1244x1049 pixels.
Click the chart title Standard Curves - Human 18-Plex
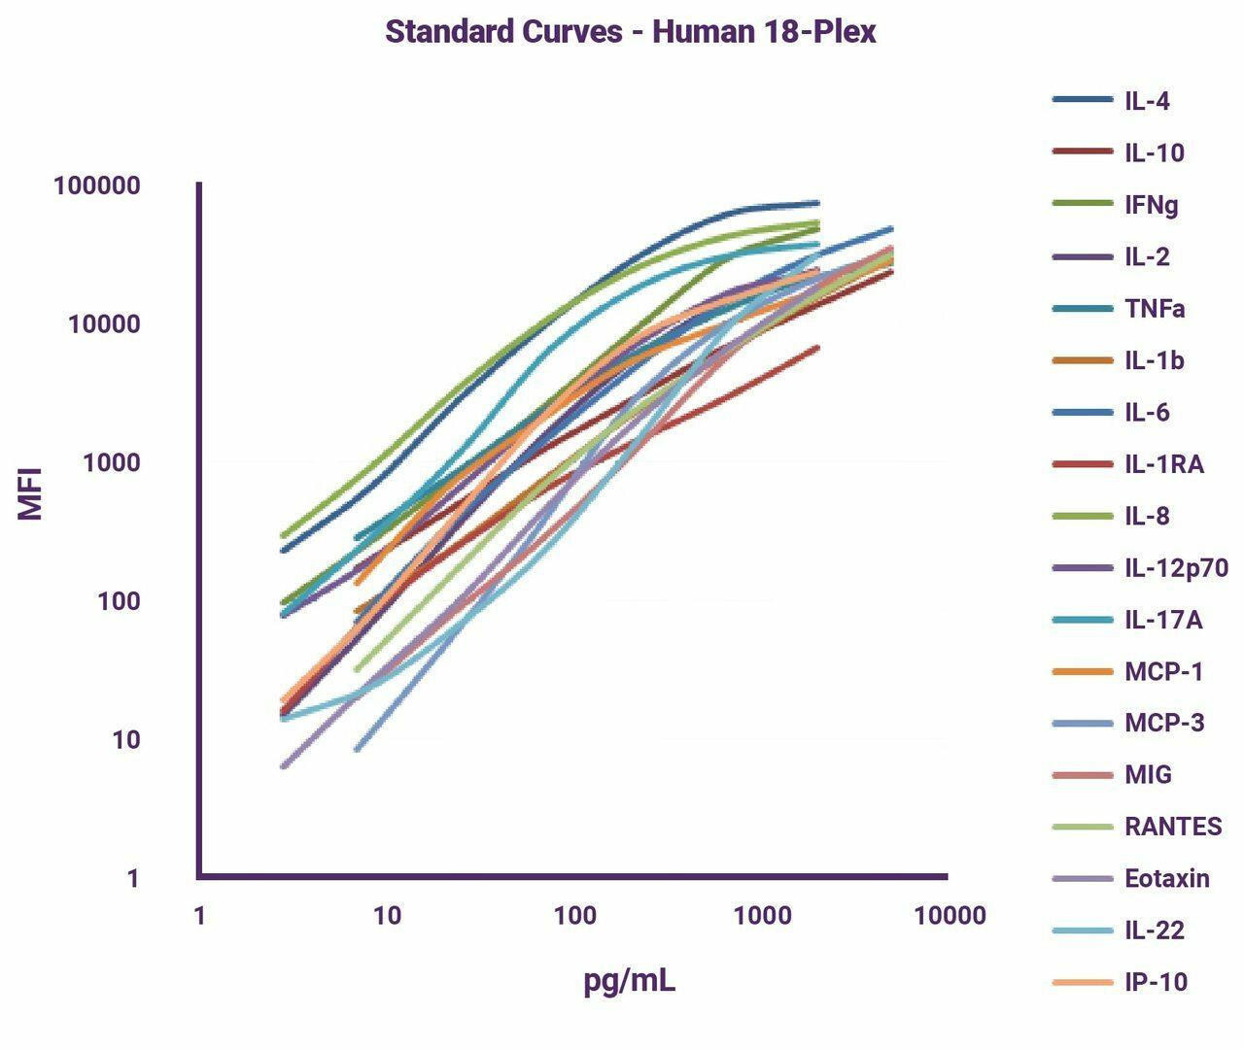631,31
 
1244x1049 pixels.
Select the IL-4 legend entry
1147,101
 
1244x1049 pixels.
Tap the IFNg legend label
1152,205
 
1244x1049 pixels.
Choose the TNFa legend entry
1155,309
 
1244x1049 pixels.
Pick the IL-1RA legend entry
1164,464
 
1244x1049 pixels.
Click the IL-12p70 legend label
1176,567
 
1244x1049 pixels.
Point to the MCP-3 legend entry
1164,723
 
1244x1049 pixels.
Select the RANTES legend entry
1173,827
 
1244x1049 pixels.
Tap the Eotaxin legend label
1167,879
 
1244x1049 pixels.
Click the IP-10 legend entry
1156,982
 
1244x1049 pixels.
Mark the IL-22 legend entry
1155,931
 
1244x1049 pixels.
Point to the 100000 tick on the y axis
97,186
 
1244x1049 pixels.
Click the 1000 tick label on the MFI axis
111,462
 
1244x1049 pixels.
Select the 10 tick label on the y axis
124,740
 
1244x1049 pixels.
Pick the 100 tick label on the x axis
574,915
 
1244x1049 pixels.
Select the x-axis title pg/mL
630,981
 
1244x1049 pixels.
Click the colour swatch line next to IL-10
1082,152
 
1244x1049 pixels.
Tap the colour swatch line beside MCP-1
1082,671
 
